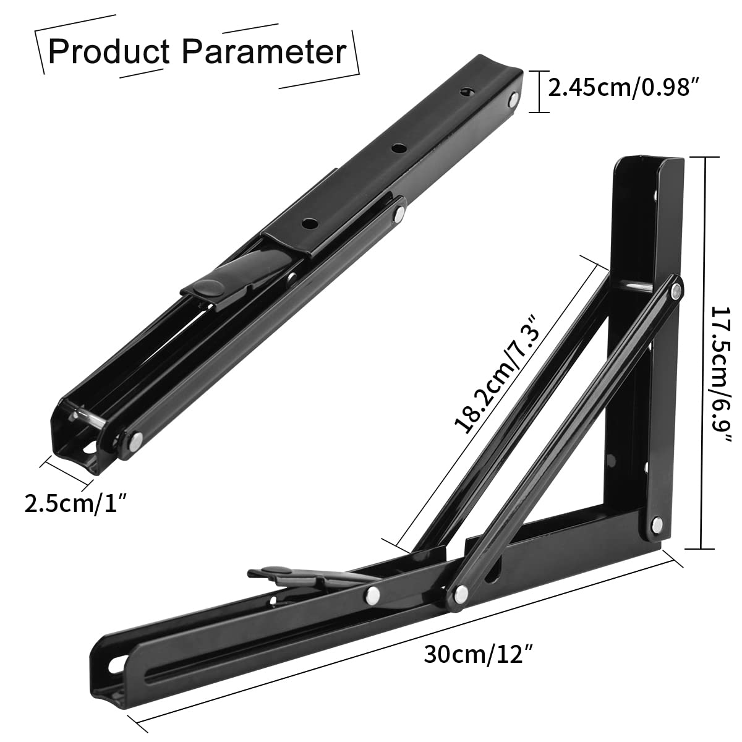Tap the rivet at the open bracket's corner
pyautogui.click(x=657, y=526)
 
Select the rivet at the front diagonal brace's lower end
pyautogui.click(x=461, y=594)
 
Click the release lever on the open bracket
pyautogui.click(x=291, y=577)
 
